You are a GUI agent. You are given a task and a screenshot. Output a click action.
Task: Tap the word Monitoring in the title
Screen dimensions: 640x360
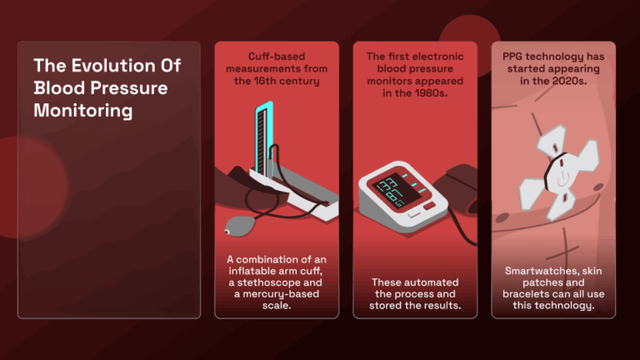[82, 111]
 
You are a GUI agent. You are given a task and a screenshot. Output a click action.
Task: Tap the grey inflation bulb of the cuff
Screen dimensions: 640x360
[241, 226]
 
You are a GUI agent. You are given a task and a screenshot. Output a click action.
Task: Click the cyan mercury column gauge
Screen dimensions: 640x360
[263, 139]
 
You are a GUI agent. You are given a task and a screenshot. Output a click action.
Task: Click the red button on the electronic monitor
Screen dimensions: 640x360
[429, 206]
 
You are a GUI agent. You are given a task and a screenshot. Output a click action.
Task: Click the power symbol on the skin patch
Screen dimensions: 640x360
[562, 178]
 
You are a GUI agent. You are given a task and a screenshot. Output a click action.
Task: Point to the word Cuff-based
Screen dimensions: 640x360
[277, 57]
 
